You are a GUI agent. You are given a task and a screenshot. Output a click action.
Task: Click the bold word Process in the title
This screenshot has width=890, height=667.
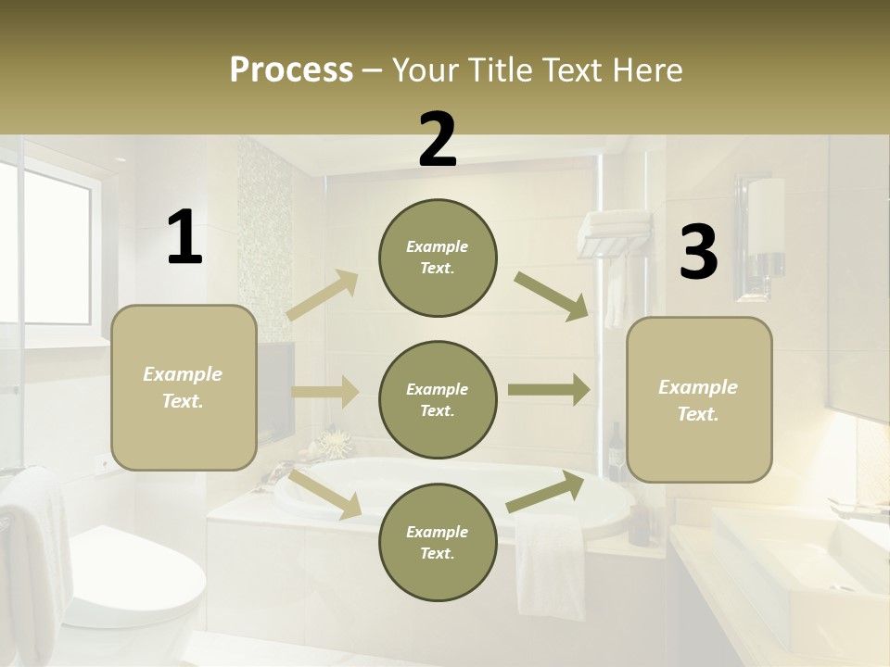tap(291, 69)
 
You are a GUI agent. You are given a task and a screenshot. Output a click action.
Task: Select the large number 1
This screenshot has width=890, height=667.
tap(184, 238)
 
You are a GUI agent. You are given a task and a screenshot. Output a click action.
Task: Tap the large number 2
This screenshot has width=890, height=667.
tap(438, 140)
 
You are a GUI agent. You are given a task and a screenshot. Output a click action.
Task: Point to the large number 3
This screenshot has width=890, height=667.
tap(698, 253)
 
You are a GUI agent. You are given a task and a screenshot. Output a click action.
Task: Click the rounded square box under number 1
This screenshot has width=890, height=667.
tap(184, 387)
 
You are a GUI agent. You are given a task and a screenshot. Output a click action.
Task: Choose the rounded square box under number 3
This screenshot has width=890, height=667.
tap(699, 399)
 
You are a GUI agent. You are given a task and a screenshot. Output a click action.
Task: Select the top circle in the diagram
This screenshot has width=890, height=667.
tap(438, 258)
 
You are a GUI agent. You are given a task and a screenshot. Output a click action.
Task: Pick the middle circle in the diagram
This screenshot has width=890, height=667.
tap(438, 399)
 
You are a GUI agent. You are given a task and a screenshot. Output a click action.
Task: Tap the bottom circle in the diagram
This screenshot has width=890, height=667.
tap(438, 542)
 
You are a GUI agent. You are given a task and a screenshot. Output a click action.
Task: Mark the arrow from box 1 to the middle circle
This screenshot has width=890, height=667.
tap(324, 392)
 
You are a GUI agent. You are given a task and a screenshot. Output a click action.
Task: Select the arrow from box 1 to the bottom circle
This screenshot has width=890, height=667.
tap(325, 495)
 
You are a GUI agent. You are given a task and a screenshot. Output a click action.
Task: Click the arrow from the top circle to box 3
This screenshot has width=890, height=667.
tap(553, 296)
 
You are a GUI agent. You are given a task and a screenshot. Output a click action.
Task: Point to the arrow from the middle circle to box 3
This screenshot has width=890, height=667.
tap(549, 390)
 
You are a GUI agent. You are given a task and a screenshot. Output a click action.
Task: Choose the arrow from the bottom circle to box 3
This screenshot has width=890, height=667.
tap(546, 492)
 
